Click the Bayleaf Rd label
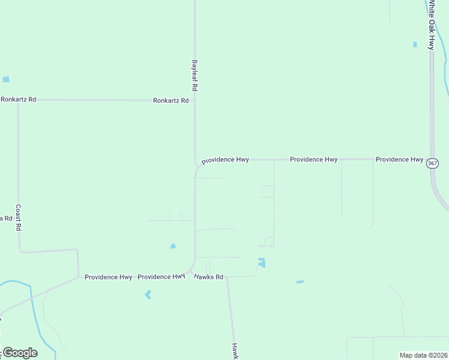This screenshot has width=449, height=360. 194,75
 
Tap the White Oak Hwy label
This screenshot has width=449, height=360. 430,25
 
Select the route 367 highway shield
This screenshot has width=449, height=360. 433,163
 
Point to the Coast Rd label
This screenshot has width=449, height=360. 19,218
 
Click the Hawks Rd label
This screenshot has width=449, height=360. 208,277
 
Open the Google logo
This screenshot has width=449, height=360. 20,353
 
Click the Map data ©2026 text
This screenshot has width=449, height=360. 423,355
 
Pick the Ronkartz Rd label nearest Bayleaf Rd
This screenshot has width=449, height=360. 170,101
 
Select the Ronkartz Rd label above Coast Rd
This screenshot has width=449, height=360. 19,99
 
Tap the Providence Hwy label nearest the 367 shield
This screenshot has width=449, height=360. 399,160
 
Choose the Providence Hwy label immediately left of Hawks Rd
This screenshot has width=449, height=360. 161,277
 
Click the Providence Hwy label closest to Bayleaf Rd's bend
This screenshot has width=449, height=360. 225,160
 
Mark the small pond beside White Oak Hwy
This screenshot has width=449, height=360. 414,44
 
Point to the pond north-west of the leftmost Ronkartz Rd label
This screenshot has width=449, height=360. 6,79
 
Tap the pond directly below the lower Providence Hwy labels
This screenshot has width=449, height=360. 148,295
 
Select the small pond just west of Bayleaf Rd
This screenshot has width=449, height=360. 173,246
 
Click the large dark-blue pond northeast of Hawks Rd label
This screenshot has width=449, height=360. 261,263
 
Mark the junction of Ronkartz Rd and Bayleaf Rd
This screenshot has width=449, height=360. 194,101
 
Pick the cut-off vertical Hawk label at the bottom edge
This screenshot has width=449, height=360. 236,350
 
